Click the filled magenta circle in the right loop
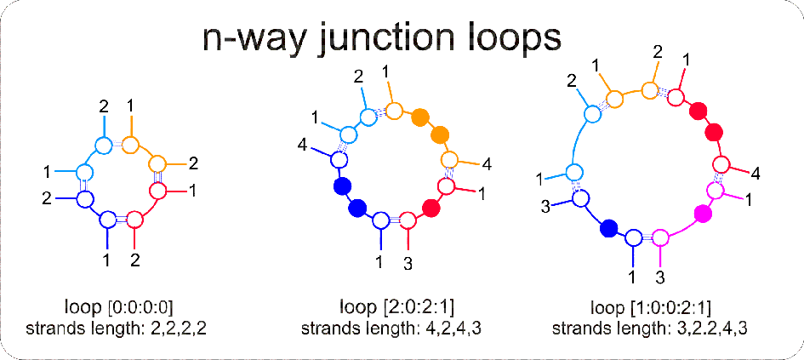pos(702,212)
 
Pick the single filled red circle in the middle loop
pos(431,207)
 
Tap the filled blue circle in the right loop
pos(608,228)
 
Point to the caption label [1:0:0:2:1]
pos(672,308)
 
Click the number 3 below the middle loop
pos(408,263)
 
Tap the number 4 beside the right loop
pos(756,174)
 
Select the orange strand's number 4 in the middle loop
pos(486,164)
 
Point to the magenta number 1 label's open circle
pos(715,191)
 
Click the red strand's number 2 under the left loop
pos(135,260)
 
